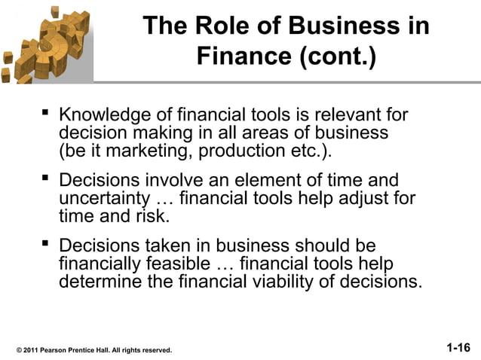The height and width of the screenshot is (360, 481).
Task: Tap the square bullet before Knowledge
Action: pos(45,114)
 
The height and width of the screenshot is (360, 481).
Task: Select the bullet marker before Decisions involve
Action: pos(45,179)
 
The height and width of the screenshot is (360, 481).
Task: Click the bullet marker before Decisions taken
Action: pos(45,246)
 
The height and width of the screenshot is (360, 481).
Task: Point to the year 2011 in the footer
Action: pos(32,351)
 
